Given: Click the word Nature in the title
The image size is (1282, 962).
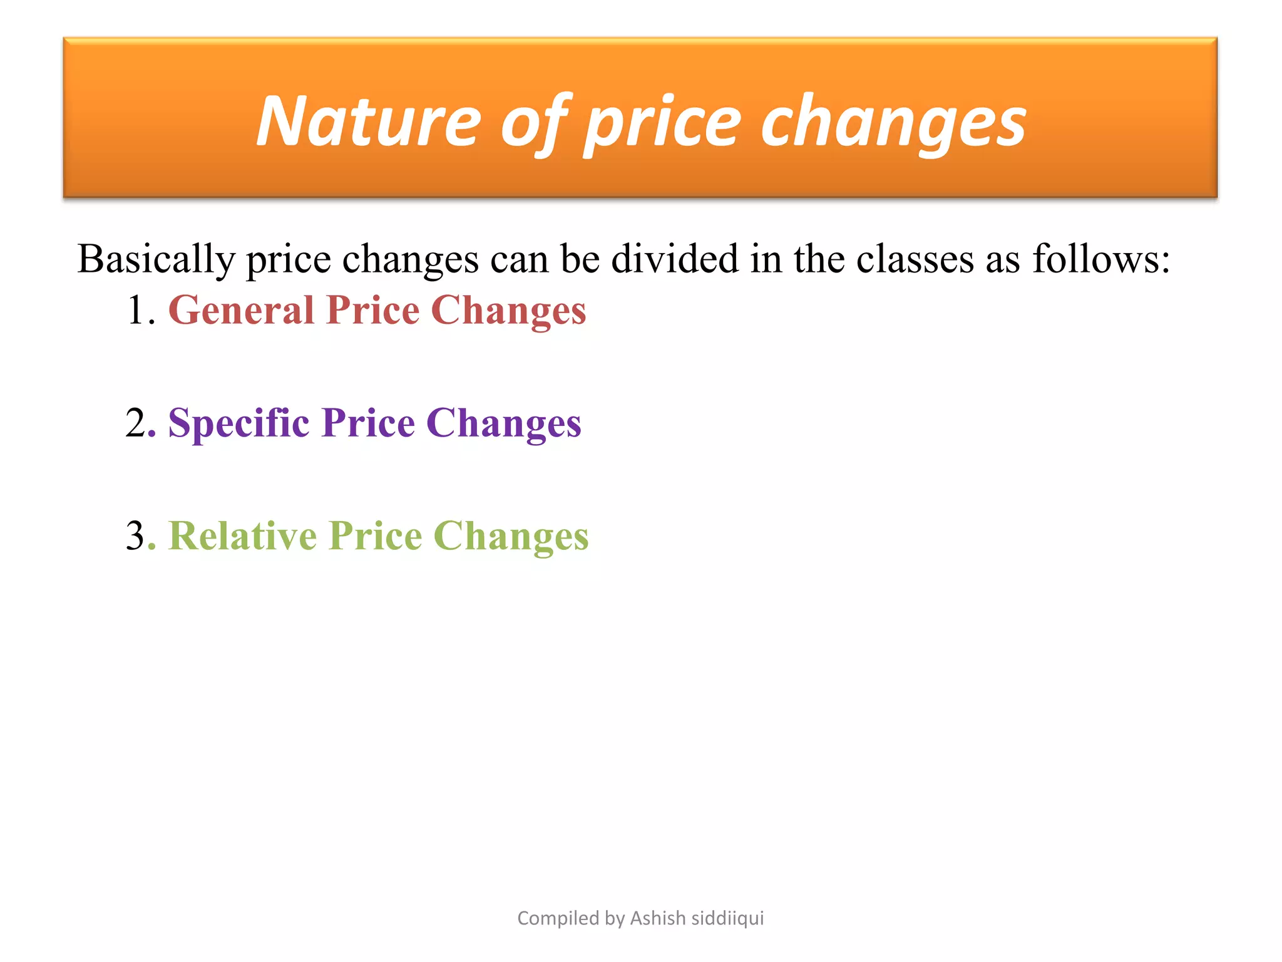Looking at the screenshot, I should pyautogui.click(x=369, y=122).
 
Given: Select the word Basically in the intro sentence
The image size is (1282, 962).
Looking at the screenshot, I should pyautogui.click(x=156, y=259).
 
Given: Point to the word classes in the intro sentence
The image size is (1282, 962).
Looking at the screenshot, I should pyautogui.click(x=915, y=259).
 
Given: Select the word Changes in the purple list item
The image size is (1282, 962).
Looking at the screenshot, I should pyautogui.click(x=504, y=424).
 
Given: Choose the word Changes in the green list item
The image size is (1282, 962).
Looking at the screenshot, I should pyautogui.click(x=511, y=537).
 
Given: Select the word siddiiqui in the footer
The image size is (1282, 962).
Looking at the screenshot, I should pyautogui.click(x=727, y=918).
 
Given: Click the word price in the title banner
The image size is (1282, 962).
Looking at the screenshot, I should pyautogui.click(x=663, y=123).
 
